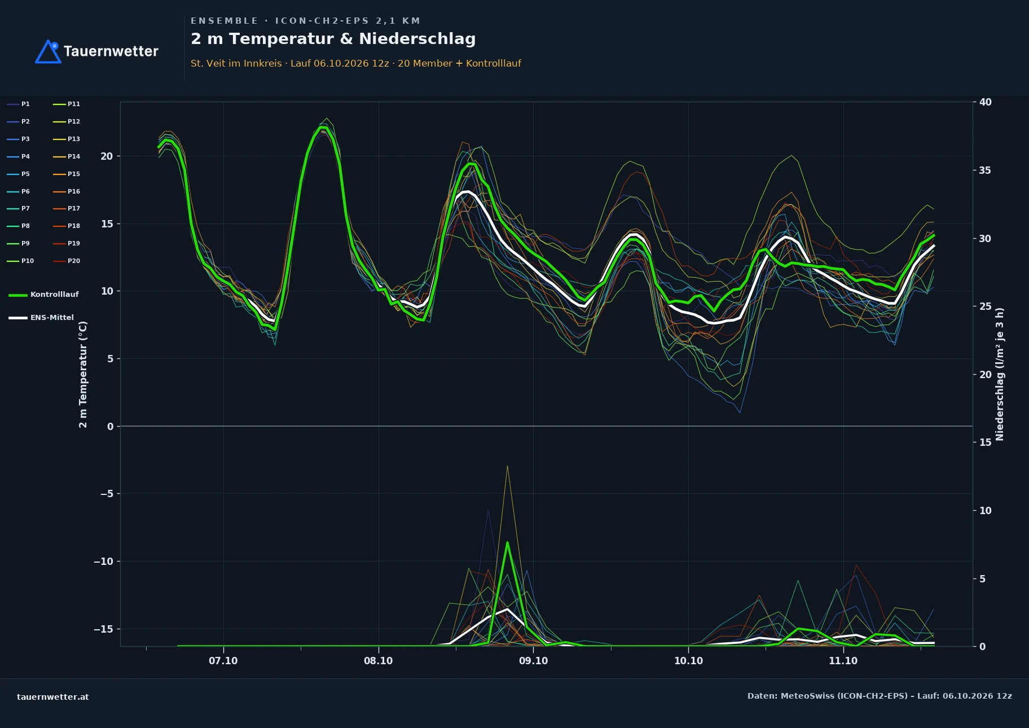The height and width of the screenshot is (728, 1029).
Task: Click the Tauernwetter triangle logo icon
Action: click(48, 52)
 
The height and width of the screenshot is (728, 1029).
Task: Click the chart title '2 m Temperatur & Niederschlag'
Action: click(333, 39)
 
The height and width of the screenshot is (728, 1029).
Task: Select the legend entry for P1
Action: click(19, 104)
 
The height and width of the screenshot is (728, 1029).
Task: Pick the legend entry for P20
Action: click(67, 261)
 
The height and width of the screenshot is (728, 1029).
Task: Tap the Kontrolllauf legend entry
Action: click(43, 295)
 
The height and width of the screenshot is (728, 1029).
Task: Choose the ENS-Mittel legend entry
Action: click(41, 318)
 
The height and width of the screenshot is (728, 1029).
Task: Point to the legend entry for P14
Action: click(67, 156)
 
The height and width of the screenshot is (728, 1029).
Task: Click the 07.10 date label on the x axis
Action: click(223, 661)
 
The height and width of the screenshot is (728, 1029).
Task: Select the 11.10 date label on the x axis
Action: click(843, 661)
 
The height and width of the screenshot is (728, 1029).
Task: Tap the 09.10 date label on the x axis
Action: click(533, 661)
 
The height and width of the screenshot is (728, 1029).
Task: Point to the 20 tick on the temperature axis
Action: click(107, 156)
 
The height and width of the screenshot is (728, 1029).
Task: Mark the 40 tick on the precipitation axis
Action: click(986, 102)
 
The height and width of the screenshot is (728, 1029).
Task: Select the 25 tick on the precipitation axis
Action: click(986, 306)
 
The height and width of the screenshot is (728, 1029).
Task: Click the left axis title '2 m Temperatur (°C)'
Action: click(83, 375)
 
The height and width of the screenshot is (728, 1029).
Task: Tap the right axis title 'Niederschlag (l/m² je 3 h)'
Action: click(1000, 374)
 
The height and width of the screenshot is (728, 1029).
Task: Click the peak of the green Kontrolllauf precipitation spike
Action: click(507, 542)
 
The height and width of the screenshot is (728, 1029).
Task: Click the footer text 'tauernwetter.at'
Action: click(53, 697)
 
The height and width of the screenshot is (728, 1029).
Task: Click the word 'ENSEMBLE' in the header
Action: click(225, 21)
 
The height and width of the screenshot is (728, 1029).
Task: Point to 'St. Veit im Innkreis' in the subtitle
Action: click(236, 63)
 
